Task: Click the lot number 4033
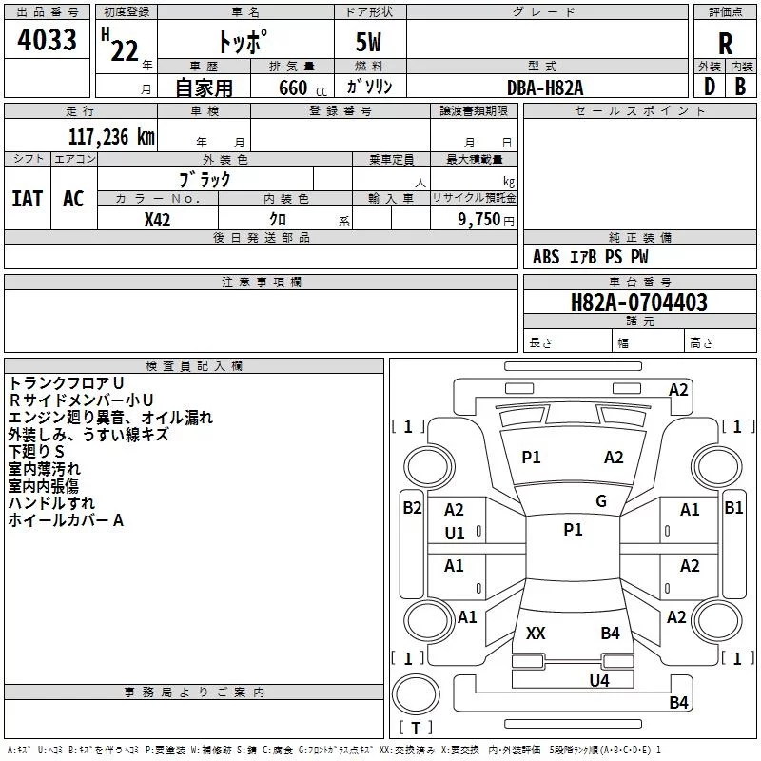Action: (47, 39)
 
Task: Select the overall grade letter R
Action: (725, 44)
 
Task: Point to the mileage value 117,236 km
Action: (111, 137)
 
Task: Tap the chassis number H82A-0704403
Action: (638, 302)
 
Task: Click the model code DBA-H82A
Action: (544, 88)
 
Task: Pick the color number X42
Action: (157, 220)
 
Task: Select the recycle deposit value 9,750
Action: (478, 219)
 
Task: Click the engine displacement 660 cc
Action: (302, 88)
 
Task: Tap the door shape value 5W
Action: (368, 42)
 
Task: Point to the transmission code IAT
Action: (28, 199)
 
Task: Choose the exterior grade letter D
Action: (710, 87)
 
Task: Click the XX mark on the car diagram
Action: (536, 633)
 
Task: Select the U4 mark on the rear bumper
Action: (599, 680)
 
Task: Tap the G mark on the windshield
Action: (601, 500)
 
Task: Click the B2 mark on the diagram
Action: (412, 508)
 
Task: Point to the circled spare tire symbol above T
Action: (416, 694)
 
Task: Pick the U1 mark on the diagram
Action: (455, 534)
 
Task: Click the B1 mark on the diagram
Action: (733, 508)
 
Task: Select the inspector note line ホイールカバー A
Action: (66, 520)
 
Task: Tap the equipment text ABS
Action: (546, 257)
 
